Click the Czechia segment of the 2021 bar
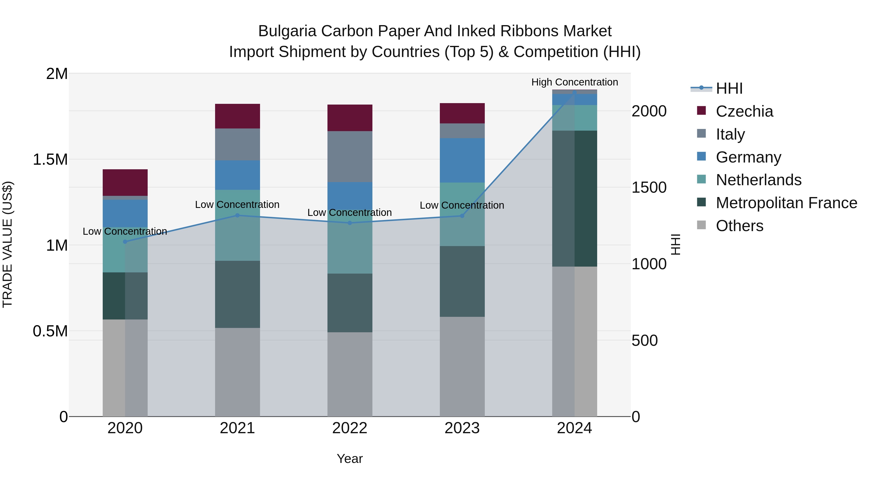[x=237, y=116]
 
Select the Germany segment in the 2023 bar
[x=462, y=160]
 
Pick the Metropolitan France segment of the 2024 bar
[x=574, y=198]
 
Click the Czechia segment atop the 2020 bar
[x=125, y=182]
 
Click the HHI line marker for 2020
[x=125, y=242]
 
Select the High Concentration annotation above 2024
[x=574, y=82]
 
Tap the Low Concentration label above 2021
[x=237, y=205]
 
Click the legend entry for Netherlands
[x=759, y=180]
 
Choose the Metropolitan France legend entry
[x=786, y=203]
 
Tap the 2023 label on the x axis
[x=462, y=428]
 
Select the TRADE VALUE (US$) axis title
[x=7, y=244]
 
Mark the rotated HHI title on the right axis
[x=675, y=244]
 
